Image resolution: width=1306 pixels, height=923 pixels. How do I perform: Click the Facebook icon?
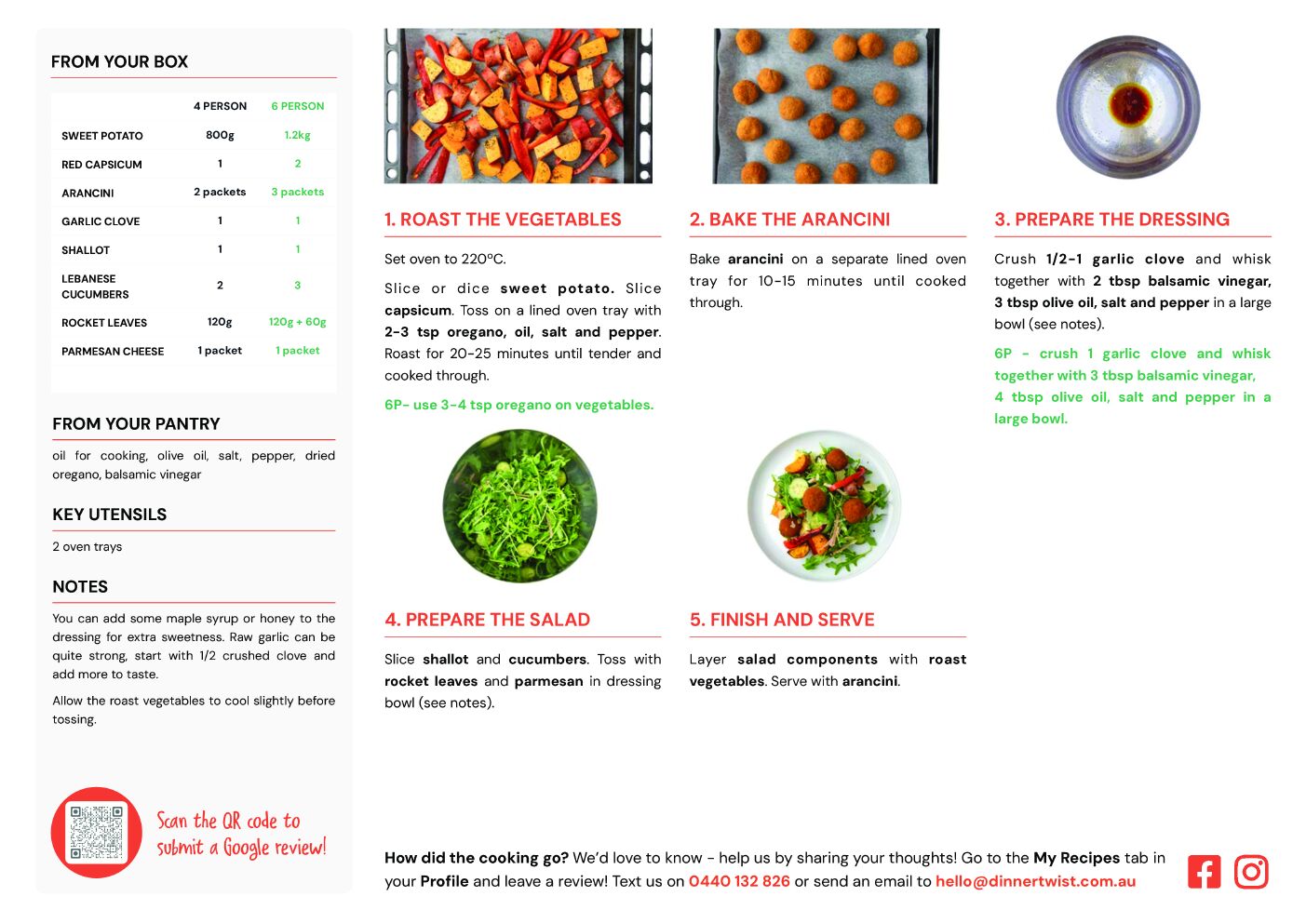click(x=1204, y=872)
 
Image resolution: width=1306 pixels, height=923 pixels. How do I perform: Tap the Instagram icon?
click(x=1251, y=872)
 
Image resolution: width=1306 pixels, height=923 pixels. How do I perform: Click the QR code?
click(x=96, y=832)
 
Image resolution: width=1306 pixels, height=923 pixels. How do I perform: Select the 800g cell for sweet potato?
click(x=220, y=135)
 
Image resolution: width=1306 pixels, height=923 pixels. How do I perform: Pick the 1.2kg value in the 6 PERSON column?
click(x=297, y=135)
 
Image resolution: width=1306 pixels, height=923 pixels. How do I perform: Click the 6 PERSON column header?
click(x=297, y=106)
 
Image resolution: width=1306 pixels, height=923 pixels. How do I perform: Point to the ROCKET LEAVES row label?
click(x=104, y=323)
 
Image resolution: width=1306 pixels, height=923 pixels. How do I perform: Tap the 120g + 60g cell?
click(x=297, y=322)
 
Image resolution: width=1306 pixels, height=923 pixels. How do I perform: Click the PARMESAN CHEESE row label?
click(x=113, y=352)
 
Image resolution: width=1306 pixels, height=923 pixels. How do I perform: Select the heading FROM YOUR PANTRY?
click(x=136, y=423)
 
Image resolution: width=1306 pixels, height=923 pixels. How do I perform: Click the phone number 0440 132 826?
click(x=739, y=881)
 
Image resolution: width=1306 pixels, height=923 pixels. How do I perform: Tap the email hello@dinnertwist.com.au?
click(x=1035, y=881)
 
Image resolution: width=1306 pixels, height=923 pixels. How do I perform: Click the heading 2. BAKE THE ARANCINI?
click(x=789, y=219)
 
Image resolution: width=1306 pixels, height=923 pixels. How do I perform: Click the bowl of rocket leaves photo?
click(x=519, y=506)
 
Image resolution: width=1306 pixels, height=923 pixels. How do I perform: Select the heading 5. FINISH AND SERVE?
click(x=782, y=620)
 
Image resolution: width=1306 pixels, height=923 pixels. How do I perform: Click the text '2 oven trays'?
click(x=88, y=546)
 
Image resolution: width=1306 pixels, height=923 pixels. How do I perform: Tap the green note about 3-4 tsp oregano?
click(x=518, y=405)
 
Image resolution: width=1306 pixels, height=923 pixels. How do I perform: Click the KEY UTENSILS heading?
click(x=109, y=515)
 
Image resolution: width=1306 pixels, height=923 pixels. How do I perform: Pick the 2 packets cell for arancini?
click(x=220, y=193)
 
